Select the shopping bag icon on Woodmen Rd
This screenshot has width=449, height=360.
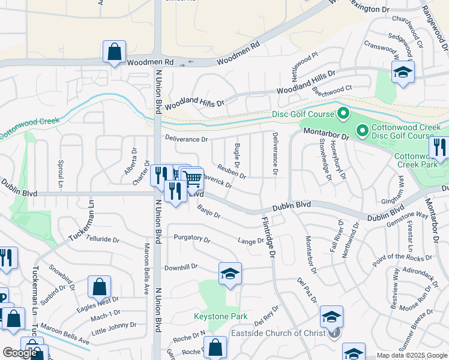point(114,52)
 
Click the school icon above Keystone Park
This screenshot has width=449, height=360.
point(230,274)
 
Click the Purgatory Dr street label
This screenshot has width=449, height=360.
point(191,238)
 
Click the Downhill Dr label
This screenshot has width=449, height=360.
point(181,268)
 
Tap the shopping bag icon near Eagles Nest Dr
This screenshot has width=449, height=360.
point(99,287)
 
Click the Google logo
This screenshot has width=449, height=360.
point(20,353)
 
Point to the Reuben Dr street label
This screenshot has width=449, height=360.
point(232,172)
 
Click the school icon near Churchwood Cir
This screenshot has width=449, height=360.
point(403,73)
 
